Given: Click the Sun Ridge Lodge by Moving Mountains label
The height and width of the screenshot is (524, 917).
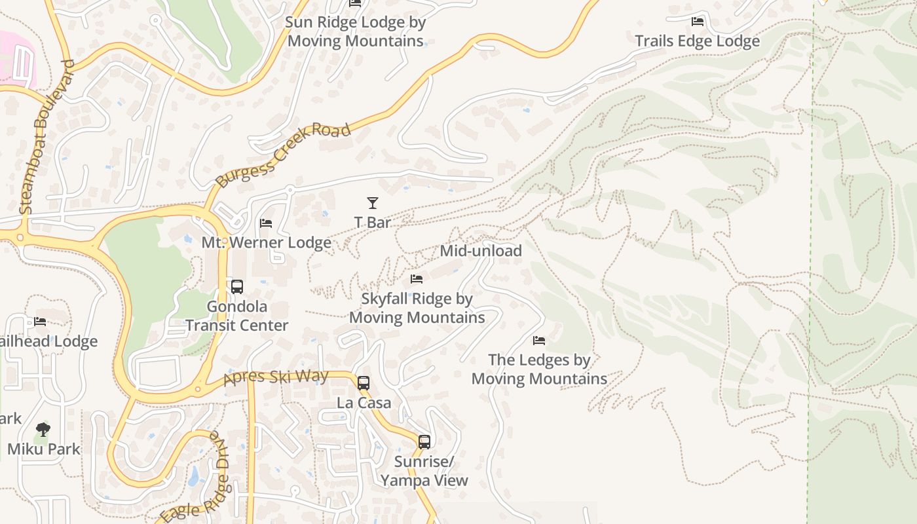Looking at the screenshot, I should [x=356, y=31].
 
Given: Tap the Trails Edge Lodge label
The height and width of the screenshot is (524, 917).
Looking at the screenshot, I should [x=697, y=41].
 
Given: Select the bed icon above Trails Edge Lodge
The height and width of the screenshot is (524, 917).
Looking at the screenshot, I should [x=698, y=22].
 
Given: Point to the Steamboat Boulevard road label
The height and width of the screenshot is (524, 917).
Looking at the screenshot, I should [x=45, y=138].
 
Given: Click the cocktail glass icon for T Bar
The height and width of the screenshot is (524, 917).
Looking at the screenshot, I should [x=373, y=203].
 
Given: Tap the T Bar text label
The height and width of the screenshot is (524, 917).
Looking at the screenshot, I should [x=373, y=223].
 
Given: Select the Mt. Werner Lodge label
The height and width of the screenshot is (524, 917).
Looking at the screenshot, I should [x=266, y=243].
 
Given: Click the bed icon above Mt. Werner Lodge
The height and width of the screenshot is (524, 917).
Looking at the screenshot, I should [x=266, y=223].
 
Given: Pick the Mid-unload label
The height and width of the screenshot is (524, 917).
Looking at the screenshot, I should [x=481, y=251].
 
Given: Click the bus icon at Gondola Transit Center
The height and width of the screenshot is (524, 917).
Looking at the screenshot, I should [x=237, y=287].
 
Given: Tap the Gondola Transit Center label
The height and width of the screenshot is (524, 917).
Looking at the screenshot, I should [x=237, y=316].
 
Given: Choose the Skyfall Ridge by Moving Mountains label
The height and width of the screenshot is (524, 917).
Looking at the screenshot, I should [x=417, y=309].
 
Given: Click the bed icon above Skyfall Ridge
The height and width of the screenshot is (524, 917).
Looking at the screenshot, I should [x=417, y=279].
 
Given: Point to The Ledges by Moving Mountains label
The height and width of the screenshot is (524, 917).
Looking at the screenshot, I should [x=539, y=369].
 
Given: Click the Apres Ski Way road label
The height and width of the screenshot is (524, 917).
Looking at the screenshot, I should [x=275, y=377].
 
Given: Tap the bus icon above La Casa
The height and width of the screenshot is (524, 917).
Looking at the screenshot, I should [x=364, y=383].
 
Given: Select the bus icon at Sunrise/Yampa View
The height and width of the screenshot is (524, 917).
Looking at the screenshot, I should [x=424, y=442].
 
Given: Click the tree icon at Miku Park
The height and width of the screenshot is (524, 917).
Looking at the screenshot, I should [x=43, y=430].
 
